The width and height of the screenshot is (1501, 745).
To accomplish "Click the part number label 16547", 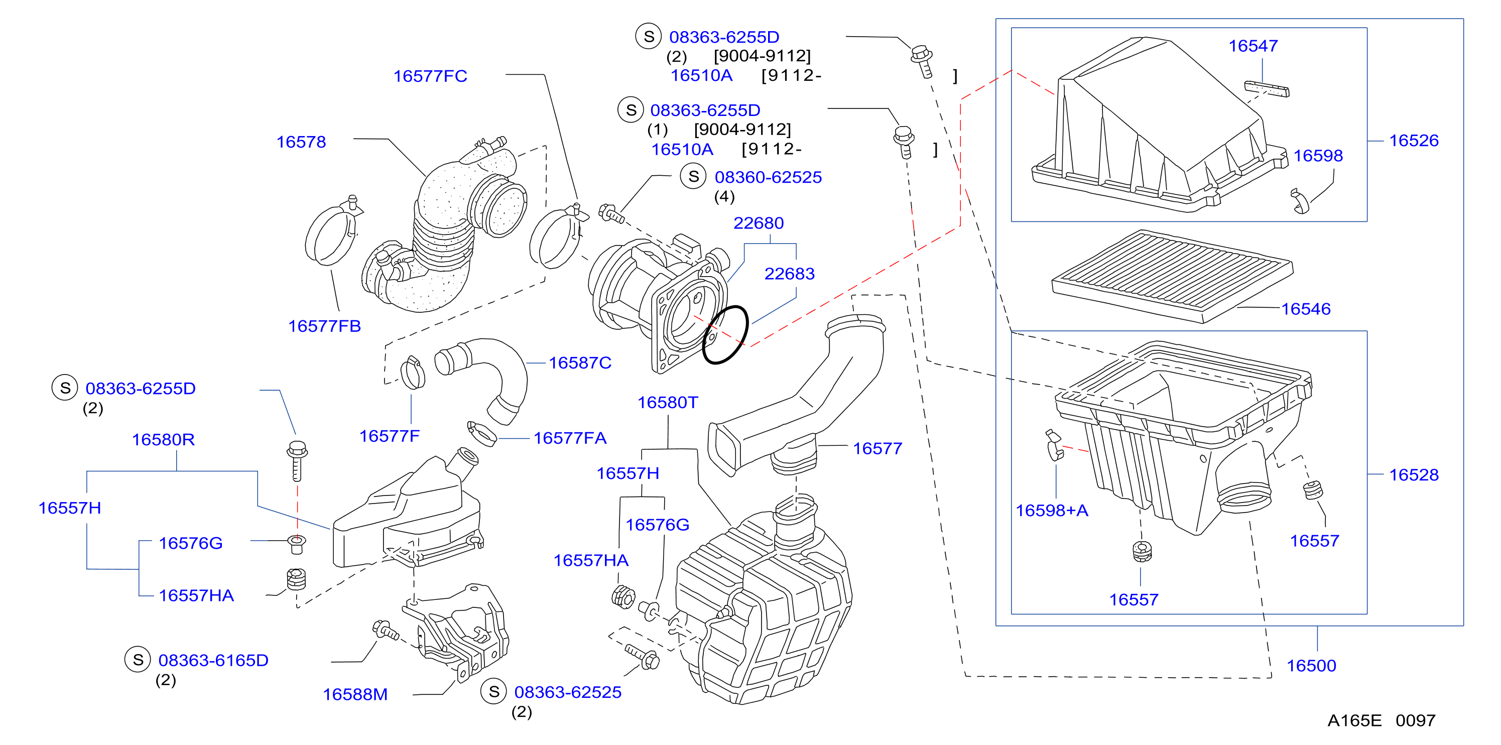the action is click(1253, 46).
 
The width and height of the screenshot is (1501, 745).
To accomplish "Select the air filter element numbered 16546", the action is click(1172, 276).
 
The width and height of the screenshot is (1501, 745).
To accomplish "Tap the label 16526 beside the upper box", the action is click(1414, 141).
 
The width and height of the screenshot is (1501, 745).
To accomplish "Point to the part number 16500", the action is click(1311, 666).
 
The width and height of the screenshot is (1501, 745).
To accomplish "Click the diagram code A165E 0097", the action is click(1381, 720).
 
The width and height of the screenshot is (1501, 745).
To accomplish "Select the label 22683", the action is click(790, 274).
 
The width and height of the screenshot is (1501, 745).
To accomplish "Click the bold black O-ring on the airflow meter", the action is click(725, 335).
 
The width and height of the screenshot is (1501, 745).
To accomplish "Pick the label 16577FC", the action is click(430, 76).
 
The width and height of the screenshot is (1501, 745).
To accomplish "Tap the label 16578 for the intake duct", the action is click(301, 142).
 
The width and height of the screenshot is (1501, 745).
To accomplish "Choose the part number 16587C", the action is click(580, 363).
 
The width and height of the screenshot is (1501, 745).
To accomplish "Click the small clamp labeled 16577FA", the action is click(482, 433).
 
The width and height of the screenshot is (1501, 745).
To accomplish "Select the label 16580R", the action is click(163, 440).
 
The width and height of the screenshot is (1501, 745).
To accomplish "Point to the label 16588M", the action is click(355, 694).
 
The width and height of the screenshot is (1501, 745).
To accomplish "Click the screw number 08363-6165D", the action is click(213, 661).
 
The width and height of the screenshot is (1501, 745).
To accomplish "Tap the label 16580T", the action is click(667, 403).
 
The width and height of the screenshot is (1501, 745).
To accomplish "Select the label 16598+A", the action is click(1052, 511).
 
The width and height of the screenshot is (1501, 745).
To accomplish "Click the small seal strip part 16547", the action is click(1267, 88).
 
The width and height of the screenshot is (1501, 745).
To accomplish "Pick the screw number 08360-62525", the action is click(768, 177).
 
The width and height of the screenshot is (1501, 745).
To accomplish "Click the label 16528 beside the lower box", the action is click(1414, 475).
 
